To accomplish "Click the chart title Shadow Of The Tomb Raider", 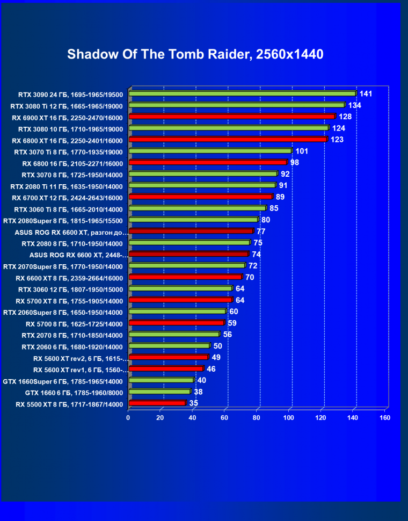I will tap(195, 54).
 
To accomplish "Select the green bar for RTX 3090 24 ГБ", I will tap(242, 93).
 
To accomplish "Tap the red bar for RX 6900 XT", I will tap(232, 117).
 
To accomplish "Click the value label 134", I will tap(354, 105).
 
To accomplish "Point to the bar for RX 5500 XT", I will tap(157, 403).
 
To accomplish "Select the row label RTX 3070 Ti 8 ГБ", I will tap(69, 152).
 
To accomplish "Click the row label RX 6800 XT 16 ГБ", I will tap(67, 141).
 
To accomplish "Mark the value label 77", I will tap(261, 231).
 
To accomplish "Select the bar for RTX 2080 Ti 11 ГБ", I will tap(202, 185).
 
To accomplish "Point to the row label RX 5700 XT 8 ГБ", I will tap(69, 301).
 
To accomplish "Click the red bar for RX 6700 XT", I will tap(200, 197).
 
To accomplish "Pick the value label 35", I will tap(194, 403).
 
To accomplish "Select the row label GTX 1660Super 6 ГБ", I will tap(63, 381).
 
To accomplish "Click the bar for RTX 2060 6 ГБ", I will tap(169, 346).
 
